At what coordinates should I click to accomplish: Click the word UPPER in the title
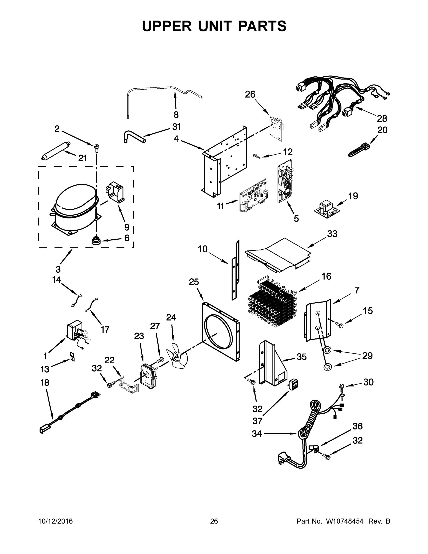tap(167, 26)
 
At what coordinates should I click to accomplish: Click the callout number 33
tap(332, 234)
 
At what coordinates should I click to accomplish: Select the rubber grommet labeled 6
tap(96, 241)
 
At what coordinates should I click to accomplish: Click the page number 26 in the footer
tap(214, 521)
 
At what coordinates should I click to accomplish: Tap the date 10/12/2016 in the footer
tap(55, 521)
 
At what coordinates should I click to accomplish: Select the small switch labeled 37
tap(293, 384)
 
